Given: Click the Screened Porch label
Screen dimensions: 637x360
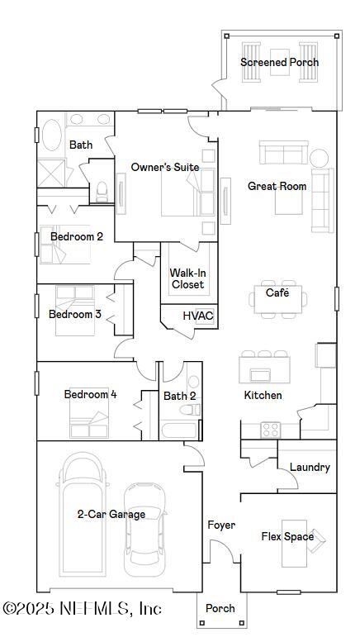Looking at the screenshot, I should tap(279, 62).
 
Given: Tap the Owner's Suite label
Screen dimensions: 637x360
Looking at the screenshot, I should tap(165, 167).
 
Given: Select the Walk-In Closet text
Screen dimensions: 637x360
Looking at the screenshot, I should tap(187, 278).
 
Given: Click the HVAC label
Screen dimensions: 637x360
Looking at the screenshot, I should tap(198, 316).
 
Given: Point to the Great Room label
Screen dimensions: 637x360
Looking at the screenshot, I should tap(277, 186).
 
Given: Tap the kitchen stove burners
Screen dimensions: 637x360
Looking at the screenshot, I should tap(271, 429).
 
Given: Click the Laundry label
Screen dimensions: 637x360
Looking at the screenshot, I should tap(310, 467).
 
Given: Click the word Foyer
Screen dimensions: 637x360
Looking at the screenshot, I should tap(221, 525).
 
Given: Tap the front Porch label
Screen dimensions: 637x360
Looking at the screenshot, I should tap(220, 608).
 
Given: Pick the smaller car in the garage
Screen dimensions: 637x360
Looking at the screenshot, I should tap(145, 529).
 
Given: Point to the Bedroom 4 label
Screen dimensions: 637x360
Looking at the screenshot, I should tap(90, 394).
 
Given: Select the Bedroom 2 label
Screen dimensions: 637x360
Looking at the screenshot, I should tap(77, 236).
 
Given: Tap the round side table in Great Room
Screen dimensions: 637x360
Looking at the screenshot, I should tap(319, 157).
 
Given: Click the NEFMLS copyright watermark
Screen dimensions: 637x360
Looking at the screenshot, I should tap(82, 609).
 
